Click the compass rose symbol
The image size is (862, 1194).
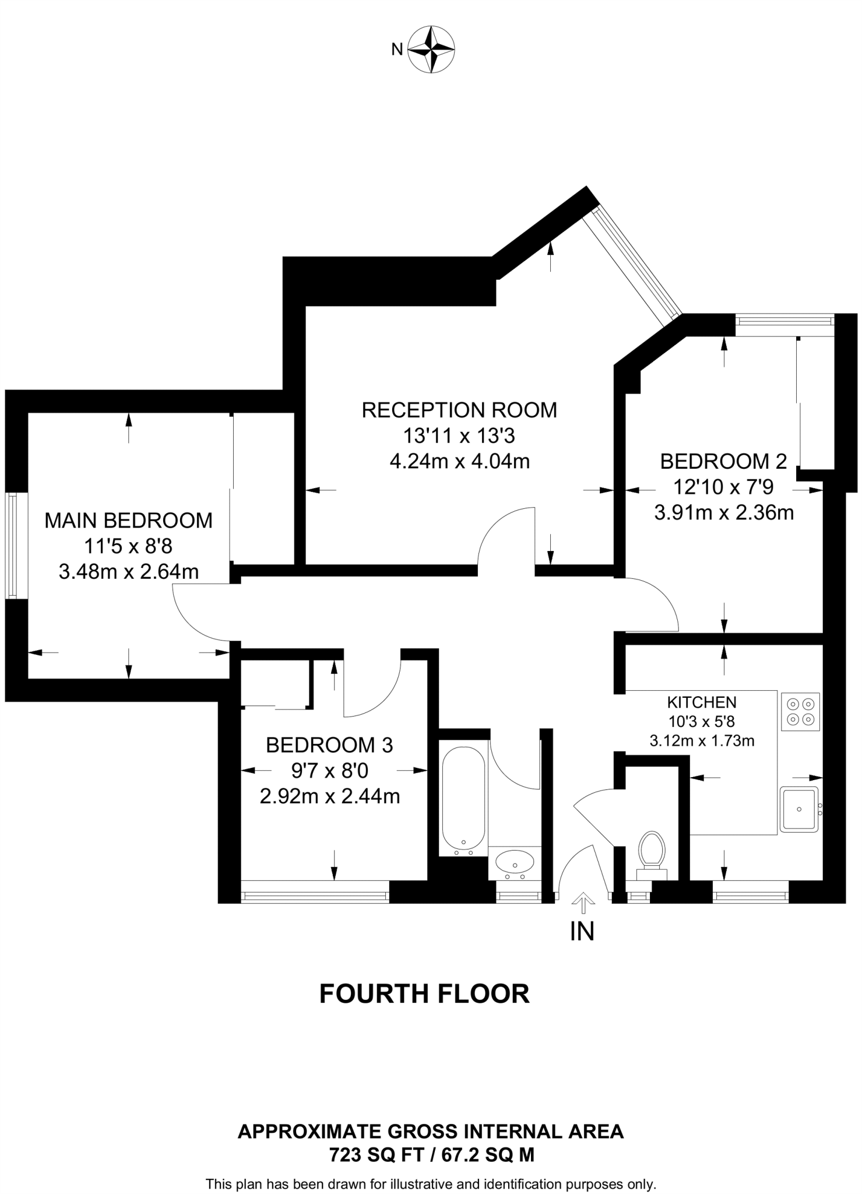point(431,49)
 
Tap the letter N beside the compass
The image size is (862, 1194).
point(397,50)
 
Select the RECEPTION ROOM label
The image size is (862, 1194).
point(459,410)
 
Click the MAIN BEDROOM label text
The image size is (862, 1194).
point(129,521)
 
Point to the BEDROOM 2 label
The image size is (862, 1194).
point(723,461)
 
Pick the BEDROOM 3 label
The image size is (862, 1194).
point(329,745)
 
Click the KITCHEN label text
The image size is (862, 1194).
point(702,702)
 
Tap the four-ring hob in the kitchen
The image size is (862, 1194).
point(800,712)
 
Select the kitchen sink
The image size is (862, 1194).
point(800,809)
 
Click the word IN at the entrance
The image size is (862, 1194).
point(582,932)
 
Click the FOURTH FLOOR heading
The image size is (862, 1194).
point(424,994)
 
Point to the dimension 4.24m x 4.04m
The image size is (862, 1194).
point(459,461)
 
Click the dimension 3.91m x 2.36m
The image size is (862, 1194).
point(724,512)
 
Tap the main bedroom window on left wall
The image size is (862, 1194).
point(16,545)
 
